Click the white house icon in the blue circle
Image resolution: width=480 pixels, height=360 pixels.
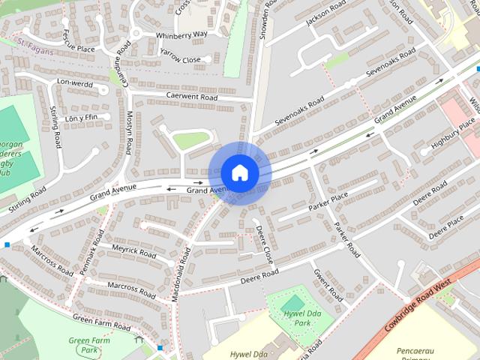pos(238,172)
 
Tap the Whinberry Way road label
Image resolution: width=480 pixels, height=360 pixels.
pos(181,34)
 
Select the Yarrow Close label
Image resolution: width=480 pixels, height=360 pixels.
pos(180,59)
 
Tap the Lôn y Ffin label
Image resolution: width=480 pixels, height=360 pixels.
pos(82,117)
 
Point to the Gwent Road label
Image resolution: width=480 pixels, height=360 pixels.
pos(328,286)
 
